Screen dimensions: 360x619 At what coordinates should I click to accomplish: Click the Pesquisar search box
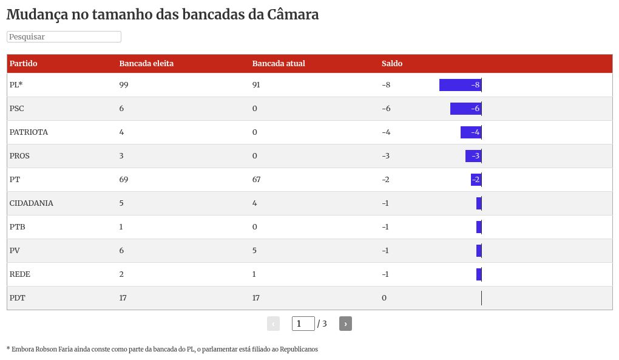64,37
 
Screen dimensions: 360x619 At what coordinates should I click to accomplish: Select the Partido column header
24,64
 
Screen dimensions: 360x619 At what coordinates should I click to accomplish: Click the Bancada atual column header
278,64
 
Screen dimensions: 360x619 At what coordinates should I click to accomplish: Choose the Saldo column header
392,64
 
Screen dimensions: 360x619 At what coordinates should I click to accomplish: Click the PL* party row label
16,85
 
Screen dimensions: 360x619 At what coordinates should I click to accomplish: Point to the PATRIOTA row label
29,132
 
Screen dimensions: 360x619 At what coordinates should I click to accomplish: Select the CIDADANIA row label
32,203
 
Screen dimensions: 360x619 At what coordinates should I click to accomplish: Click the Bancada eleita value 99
124,85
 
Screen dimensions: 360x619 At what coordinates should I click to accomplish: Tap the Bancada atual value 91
256,85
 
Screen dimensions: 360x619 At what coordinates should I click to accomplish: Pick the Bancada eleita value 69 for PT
124,180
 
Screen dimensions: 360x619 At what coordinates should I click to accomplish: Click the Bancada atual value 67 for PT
256,180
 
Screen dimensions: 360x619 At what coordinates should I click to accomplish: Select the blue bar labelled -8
460,85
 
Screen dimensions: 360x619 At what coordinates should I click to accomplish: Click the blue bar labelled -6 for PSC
465,109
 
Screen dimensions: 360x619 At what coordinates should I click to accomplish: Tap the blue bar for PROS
473,156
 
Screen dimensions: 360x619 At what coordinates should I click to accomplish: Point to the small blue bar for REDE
479,274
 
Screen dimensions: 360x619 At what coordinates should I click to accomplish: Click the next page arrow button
345,324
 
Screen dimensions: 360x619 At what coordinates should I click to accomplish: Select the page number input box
303,324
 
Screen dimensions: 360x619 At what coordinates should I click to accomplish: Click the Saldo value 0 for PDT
384,298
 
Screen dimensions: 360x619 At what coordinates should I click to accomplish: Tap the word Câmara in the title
293,15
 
